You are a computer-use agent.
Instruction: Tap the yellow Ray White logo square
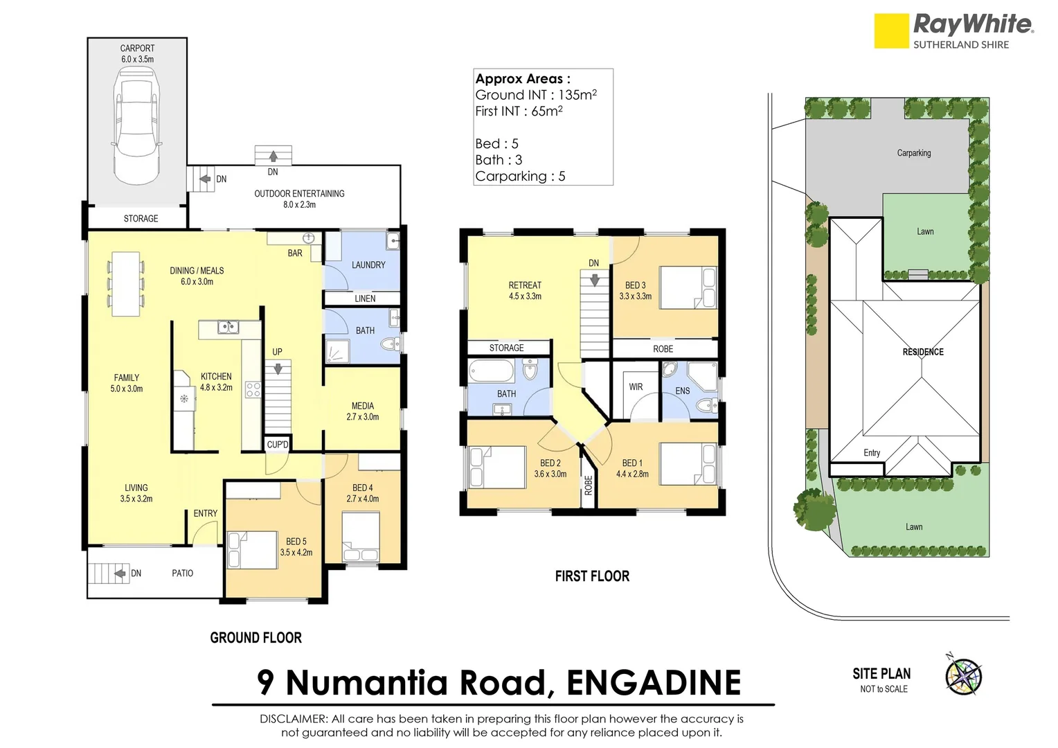click(890, 31)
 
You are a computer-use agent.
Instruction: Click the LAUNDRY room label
click(368, 265)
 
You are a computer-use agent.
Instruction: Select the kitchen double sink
click(227, 327)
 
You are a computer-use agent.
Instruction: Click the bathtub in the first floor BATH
click(491, 371)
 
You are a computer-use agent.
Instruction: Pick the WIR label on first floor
click(636, 386)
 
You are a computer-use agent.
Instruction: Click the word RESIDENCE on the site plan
click(922, 352)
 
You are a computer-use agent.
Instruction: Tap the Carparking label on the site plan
click(913, 153)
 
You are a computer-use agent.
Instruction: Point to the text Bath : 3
click(499, 160)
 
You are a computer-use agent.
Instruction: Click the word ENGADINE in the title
click(653, 683)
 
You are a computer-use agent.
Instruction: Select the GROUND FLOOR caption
click(255, 638)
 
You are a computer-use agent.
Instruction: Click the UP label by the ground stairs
click(277, 352)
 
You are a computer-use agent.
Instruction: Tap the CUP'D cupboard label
click(277, 444)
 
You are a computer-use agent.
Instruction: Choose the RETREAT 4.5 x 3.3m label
click(525, 290)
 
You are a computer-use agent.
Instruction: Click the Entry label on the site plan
click(871, 453)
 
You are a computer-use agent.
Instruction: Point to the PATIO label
click(182, 573)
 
